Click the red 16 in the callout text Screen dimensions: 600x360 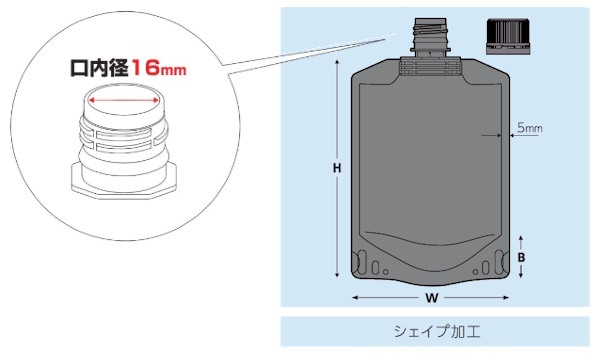click(x=145, y=68)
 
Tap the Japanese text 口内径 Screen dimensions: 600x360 click(x=99, y=68)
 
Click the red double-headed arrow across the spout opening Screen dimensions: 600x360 click(x=123, y=101)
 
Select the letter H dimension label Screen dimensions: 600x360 click(x=337, y=168)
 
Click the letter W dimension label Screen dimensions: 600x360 click(x=432, y=298)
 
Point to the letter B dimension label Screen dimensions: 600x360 click(x=521, y=257)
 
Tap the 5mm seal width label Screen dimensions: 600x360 click(x=530, y=128)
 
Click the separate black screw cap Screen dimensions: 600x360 click(x=508, y=36)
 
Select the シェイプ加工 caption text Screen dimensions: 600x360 click(x=437, y=331)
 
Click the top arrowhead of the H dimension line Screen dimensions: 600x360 click(x=337, y=62)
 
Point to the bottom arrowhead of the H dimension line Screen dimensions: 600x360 click(x=337, y=275)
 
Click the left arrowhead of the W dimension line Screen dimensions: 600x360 click(x=355, y=298)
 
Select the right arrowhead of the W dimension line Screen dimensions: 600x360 click(x=506, y=298)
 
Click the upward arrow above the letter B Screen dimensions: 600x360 click(x=521, y=243)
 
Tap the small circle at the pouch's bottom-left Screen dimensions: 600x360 click(x=385, y=272)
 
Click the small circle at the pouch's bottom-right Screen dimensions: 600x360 click(x=475, y=272)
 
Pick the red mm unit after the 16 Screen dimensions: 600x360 click(x=173, y=70)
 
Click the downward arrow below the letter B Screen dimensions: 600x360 click(x=521, y=271)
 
